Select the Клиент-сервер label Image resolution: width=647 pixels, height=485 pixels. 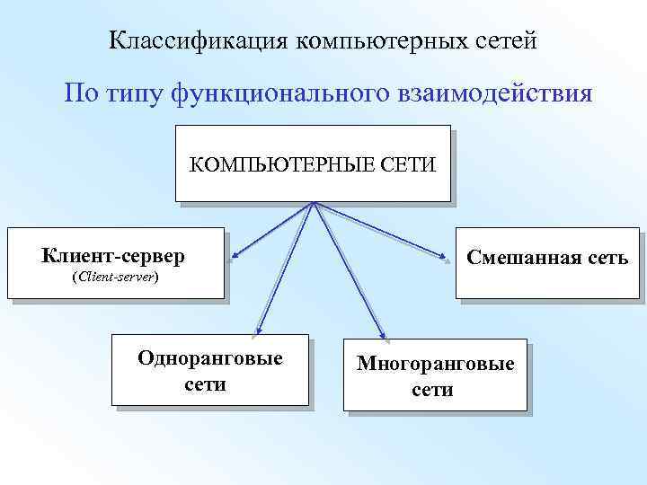(x=113, y=256)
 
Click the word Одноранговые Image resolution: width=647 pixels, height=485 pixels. (x=210, y=358)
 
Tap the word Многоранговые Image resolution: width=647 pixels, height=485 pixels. (x=436, y=365)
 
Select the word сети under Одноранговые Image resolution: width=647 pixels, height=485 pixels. (x=206, y=384)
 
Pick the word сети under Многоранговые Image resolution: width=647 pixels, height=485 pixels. (x=433, y=390)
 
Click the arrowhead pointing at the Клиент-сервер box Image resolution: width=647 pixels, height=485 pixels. (x=234, y=261)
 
